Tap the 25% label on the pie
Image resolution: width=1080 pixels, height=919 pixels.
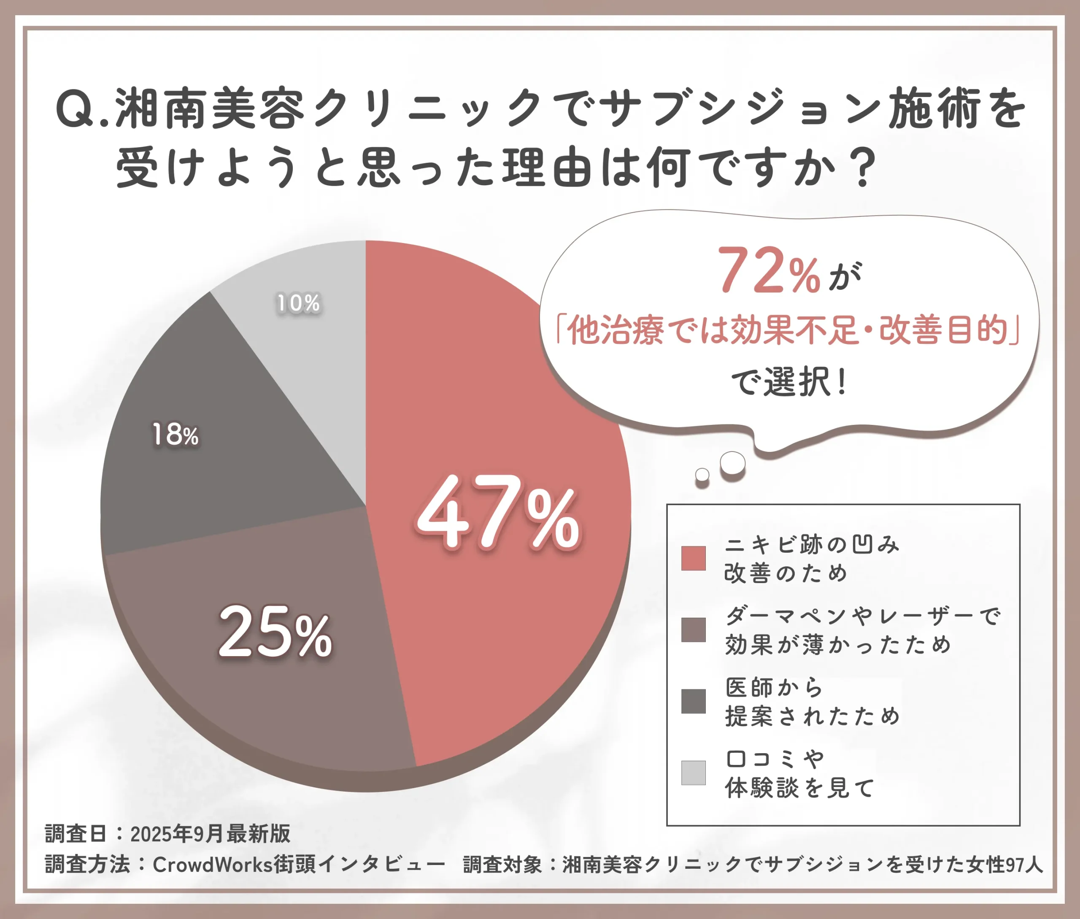(x=275, y=632)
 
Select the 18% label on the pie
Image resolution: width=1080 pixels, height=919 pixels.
(x=175, y=435)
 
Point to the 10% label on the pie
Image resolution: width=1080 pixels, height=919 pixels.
(x=297, y=303)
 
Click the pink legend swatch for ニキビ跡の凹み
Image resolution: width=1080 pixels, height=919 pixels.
(x=693, y=559)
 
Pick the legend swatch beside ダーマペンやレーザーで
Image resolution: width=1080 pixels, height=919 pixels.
(x=693, y=630)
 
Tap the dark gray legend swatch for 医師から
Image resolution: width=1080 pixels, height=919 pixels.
(x=693, y=701)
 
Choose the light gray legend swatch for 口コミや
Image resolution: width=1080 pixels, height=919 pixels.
(x=693, y=773)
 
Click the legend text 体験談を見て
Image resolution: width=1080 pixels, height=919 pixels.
(x=800, y=787)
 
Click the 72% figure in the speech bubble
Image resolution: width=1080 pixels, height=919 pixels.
(x=769, y=271)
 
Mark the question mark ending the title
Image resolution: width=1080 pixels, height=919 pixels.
(x=863, y=168)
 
